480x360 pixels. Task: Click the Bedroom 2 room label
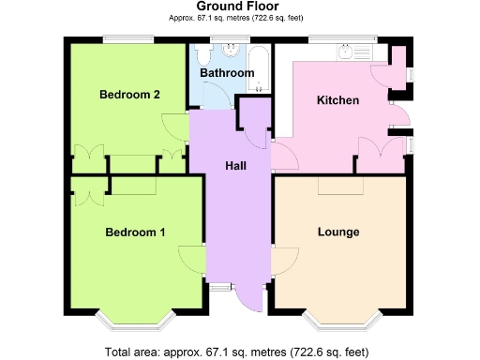(x=129, y=95)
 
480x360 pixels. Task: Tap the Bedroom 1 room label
(x=135, y=232)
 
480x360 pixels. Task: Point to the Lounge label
(x=338, y=232)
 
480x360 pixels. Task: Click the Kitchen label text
(x=337, y=100)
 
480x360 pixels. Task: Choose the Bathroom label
(x=228, y=73)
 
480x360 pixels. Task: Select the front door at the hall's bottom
(x=247, y=294)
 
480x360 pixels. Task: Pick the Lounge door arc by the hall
(x=283, y=261)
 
